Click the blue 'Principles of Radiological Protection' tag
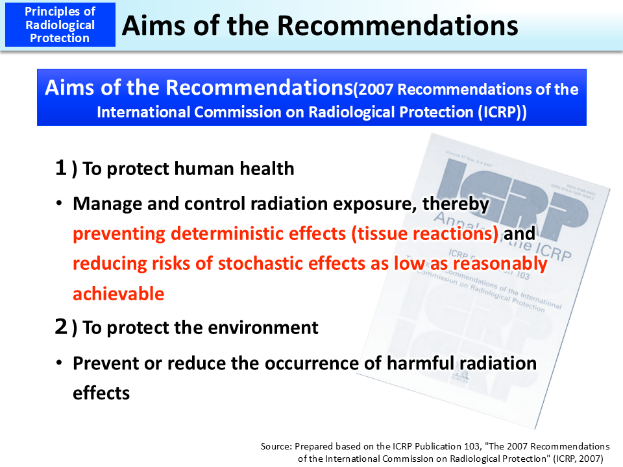pyautogui.click(x=60, y=25)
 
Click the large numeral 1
pyautogui.click(x=61, y=168)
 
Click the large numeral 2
pyautogui.click(x=61, y=327)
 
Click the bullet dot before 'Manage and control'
pyautogui.click(x=58, y=204)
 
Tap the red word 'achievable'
pyautogui.click(x=118, y=293)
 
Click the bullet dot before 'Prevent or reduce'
pyautogui.click(x=58, y=363)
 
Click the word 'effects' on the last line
pyautogui.click(x=101, y=392)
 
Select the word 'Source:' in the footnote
pyautogui.click(x=277, y=446)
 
